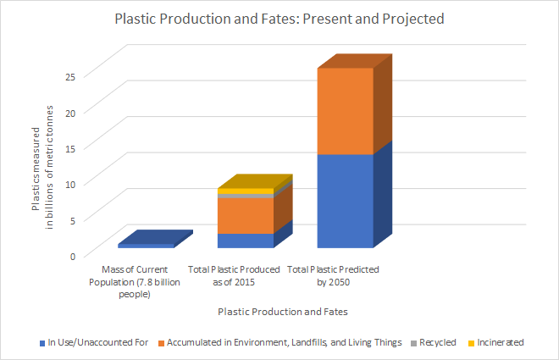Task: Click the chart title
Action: pyautogui.click(x=279, y=19)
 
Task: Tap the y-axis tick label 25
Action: pyautogui.click(x=70, y=77)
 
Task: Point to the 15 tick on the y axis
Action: pyautogui.click(x=70, y=148)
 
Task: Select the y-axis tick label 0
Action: pyautogui.click(x=73, y=257)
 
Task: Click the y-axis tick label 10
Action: pyautogui.click(x=70, y=185)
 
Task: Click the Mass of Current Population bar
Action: pyautogui.click(x=147, y=246)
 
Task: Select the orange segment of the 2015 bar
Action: pyautogui.click(x=246, y=216)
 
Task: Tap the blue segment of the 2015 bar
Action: pyautogui.click(x=246, y=241)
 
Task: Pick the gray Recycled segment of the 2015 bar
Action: pyautogui.click(x=246, y=196)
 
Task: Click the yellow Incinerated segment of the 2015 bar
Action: pyautogui.click(x=246, y=191)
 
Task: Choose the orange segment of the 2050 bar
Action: pyautogui.click(x=345, y=111)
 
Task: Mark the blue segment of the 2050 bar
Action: pyautogui.click(x=345, y=201)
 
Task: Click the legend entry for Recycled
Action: pyautogui.click(x=434, y=342)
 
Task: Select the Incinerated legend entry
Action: pyautogui.click(x=495, y=342)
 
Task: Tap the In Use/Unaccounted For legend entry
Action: pyautogui.click(x=94, y=342)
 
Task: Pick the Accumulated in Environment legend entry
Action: pyautogui.click(x=279, y=342)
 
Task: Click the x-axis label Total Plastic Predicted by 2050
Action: pyautogui.click(x=333, y=276)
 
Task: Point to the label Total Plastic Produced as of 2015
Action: pyautogui.click(x=234, y=276)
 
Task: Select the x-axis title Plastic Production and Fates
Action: pyautogui.click(x=283, y=312)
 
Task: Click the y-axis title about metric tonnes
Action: pyautogui.click(x=42, y=167)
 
